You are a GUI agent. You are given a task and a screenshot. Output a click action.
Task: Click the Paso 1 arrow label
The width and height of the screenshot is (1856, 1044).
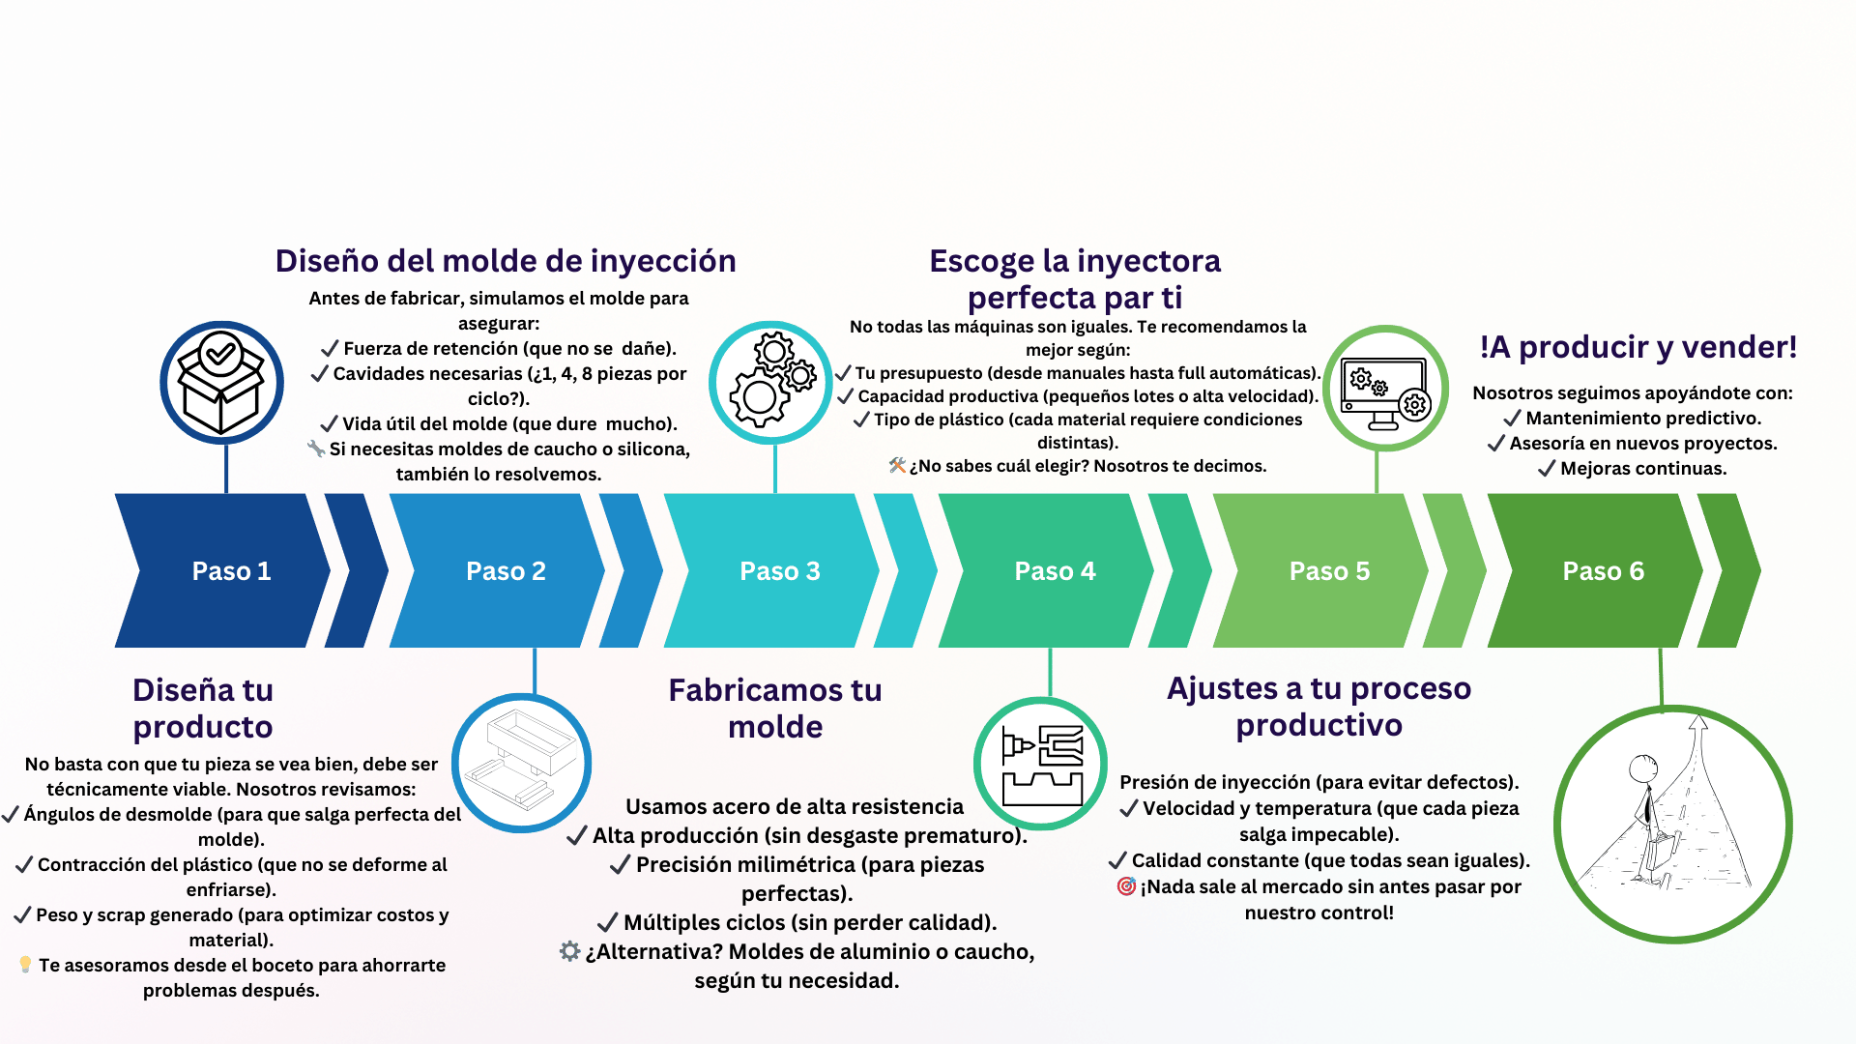(x=231, y=571)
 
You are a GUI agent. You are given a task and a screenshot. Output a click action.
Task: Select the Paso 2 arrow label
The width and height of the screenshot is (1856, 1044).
(x=506, y=571)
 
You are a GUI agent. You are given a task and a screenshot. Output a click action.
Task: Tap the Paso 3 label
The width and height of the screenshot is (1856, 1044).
(x=779, y=571)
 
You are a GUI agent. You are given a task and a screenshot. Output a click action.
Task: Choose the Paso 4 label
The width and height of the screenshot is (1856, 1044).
(x=1055, y=571)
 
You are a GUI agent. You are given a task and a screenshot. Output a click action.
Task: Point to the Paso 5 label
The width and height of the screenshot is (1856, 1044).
(x=1329, y=571)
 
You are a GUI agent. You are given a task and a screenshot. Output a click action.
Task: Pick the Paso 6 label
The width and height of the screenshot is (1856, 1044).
(x=1603, y=571)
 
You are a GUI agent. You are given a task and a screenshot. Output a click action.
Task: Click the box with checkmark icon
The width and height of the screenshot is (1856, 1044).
(x=221, y=383)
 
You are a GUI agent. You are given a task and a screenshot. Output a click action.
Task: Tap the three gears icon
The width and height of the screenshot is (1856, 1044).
(x=771, y=382)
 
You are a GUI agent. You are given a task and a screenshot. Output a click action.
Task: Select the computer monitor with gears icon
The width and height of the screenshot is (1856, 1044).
(x=1385, y=389)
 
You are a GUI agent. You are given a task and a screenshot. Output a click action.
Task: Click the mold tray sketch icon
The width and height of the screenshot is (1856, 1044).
(x=522, y=763)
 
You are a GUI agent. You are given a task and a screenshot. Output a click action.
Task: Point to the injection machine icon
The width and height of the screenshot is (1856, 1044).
(x=1041, y=764)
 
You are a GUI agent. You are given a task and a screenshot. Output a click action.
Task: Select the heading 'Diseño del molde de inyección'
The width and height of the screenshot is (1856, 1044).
(x=506, y=261)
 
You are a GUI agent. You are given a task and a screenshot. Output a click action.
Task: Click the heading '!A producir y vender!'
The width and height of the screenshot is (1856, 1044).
(x=1638, y=347)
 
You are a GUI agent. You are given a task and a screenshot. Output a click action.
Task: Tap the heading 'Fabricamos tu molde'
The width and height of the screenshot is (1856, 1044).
(x=775, y=708)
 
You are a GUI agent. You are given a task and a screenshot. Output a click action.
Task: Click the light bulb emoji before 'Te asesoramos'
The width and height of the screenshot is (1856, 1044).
(x=25, y=965)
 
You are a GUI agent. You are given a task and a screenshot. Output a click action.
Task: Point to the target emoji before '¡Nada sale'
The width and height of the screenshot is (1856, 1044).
(x=1125, y=886)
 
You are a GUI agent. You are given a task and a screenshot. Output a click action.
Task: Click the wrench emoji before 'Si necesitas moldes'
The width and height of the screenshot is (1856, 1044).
(x=316, y=449)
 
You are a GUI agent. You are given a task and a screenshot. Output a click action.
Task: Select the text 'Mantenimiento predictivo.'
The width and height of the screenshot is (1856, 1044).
(x=1643, y=418)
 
